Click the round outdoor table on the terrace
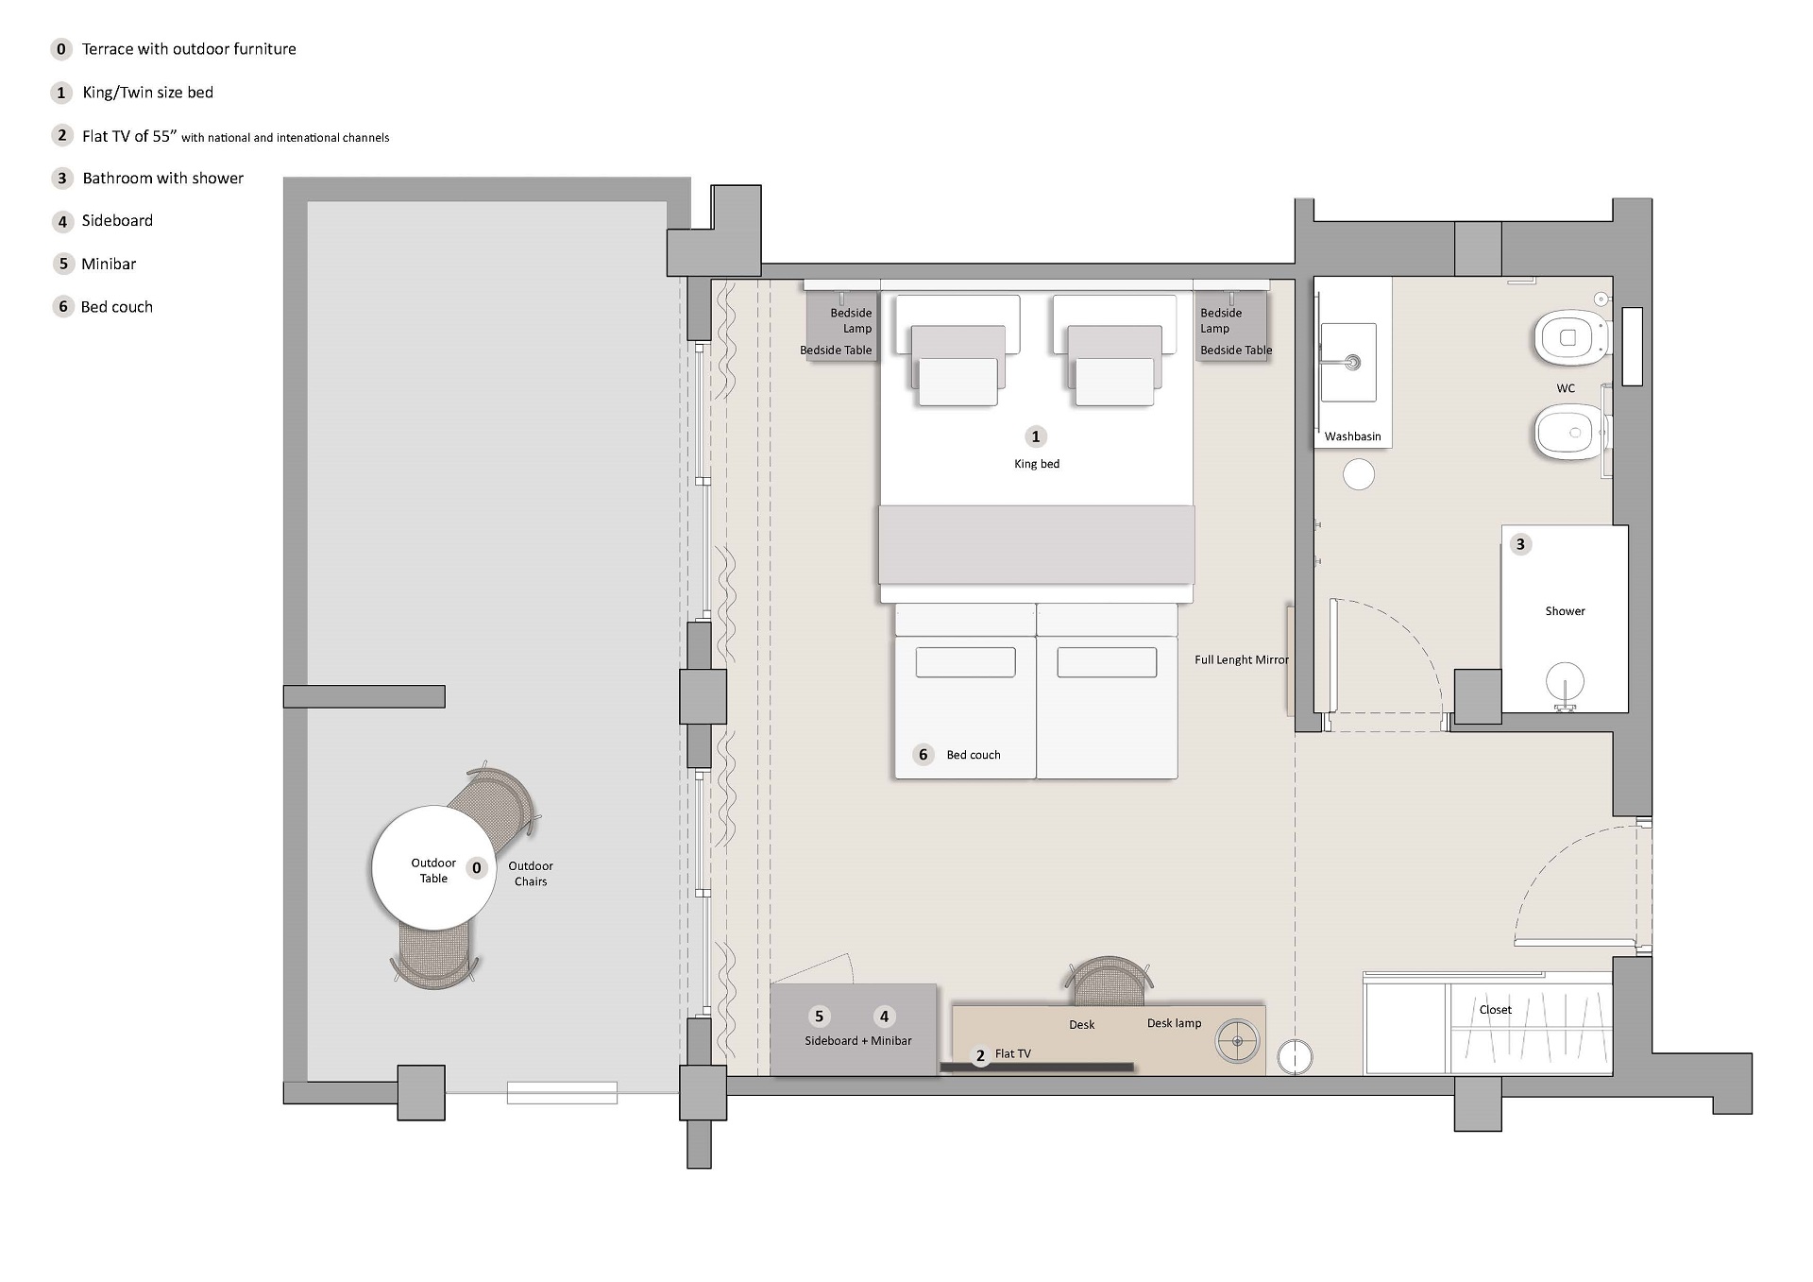pyautogui.click(x=433, y=867)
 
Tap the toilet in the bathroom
pyautogui.click(x=1570, y=337)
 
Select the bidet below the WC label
pyautogui.click(x=1568, y=433)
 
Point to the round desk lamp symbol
pyautogui.click(x=1237, y=1042)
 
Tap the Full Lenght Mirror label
pyautogui.click(x=1241, y=659)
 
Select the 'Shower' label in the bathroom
pyautogui.click(x=1565, y=611)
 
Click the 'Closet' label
pyautogui.click(x=1495, y=1010)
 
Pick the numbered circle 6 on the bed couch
pyautogui.click(x=923, y=754)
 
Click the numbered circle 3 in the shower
pyautogui.click(x=1520, y=544)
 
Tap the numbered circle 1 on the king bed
pyautogui.click(x=1036, y=436)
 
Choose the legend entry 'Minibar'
pyautogui.click(x=109, y=264)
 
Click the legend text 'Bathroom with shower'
pyautogui.click(x=162, y=178)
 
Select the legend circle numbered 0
pyautogui.click(x=61, y=49)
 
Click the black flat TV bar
pyautogui.click(x=1037, y=1068)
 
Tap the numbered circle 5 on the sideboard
pyautogui.click(x=819, y=1017)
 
